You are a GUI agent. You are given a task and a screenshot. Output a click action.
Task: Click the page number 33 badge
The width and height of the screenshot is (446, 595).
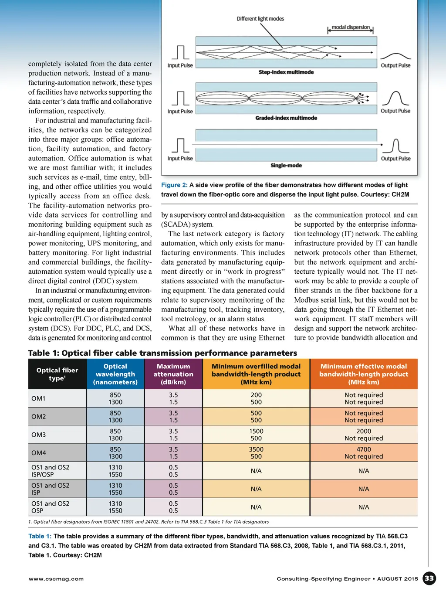429,578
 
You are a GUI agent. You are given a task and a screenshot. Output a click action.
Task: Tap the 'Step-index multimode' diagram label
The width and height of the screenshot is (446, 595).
286,72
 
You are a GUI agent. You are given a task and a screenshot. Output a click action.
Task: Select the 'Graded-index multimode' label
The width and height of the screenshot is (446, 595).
286,118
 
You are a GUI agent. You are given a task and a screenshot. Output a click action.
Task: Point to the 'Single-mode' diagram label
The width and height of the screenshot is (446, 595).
286,166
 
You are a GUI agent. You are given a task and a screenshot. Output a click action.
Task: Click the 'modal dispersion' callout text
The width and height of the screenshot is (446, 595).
351,27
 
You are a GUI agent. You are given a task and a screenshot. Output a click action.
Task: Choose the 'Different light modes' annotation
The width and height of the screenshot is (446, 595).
260,19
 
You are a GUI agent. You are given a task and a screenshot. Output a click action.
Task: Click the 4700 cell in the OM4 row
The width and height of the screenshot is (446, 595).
364,449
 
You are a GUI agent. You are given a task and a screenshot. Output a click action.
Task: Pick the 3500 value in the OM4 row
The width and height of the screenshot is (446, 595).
256,449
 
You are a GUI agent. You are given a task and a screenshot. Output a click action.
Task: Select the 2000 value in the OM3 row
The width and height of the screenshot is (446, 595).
364,431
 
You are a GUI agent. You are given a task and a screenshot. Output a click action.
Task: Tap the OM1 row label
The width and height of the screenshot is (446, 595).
38,398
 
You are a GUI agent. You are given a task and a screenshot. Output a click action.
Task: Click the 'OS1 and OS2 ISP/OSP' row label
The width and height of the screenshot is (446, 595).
50,471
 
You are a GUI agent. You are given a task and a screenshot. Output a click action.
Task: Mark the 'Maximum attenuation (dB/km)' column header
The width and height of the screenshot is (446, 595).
173,374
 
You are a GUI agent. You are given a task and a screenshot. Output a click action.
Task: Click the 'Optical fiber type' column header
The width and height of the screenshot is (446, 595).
57,374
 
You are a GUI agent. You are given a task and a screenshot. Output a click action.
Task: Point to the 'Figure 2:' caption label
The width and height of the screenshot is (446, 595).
174,185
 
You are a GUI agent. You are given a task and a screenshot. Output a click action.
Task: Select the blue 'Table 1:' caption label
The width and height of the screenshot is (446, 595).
40,536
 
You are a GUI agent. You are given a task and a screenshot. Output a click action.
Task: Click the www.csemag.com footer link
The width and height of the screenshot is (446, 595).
56,579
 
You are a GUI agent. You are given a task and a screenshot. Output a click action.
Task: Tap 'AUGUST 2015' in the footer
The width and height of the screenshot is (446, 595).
397,579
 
